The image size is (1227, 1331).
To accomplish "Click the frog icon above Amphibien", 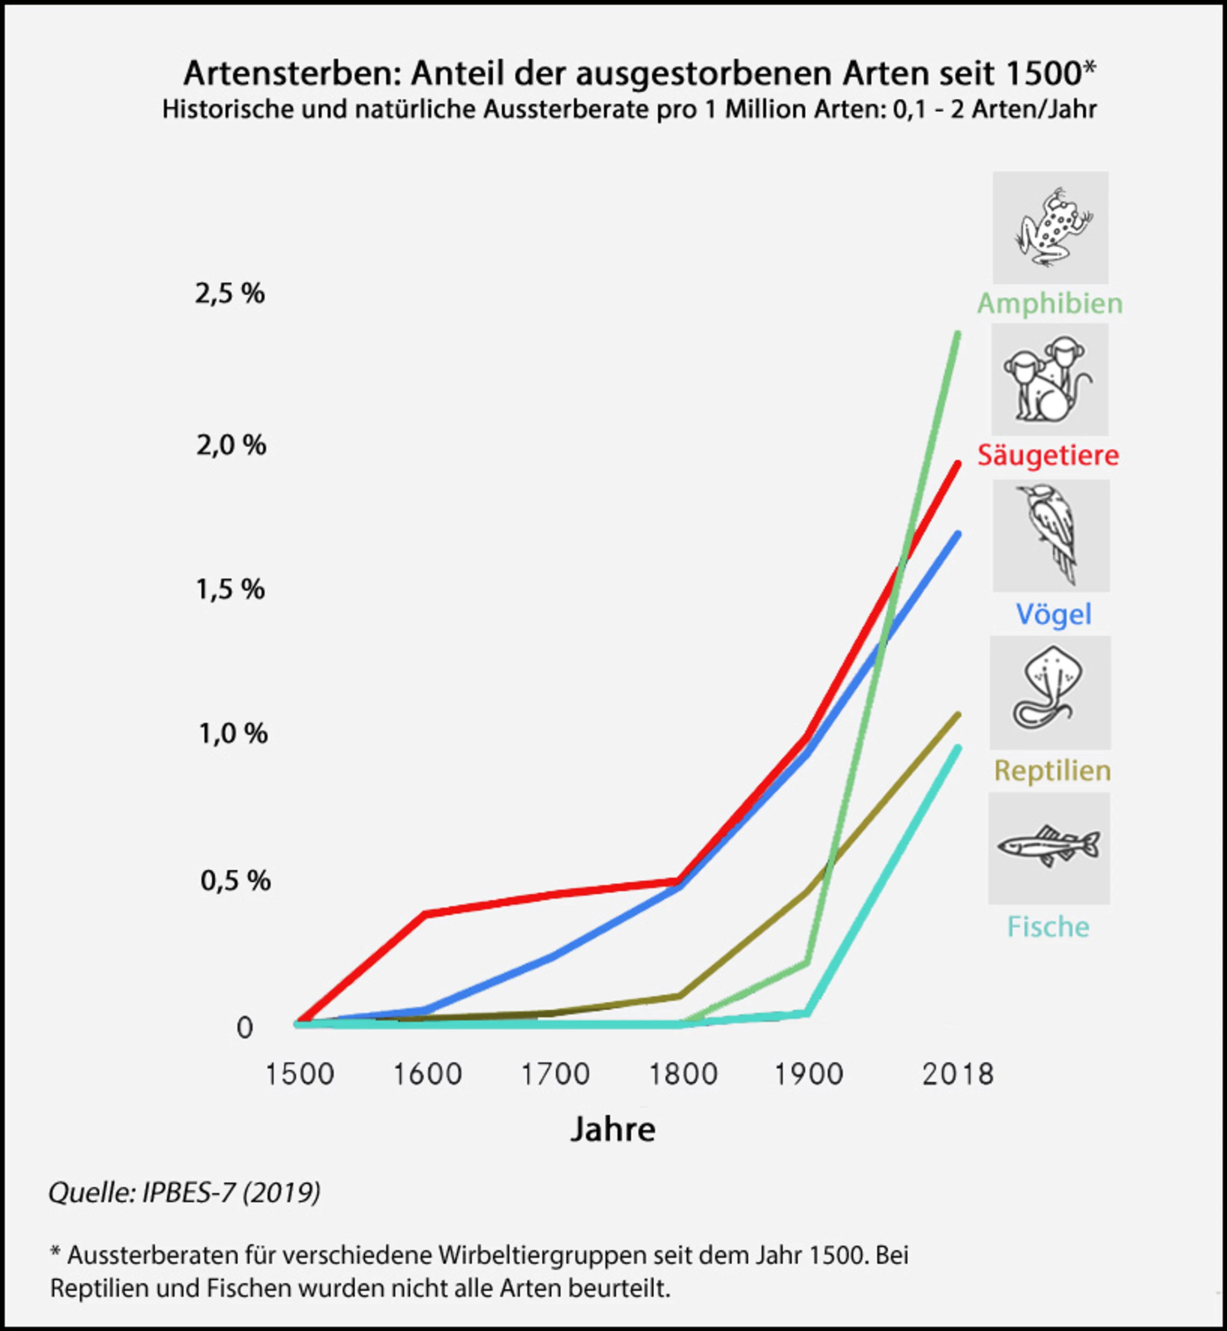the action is click(1053, 227).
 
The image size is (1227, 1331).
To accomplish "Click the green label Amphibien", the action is click(1050, 304).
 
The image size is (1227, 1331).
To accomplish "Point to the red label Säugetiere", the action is click(1048, 455).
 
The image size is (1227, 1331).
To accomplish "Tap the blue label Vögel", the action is click(1053, 614).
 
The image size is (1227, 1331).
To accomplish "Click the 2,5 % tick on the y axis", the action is click(230, 293).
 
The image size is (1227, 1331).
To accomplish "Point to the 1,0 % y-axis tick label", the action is click(233, 733).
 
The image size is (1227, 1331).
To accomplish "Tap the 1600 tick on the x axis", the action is click(428, 1074).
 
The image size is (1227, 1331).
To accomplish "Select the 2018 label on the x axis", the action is click(958, 1074).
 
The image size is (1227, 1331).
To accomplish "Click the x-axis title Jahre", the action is click(613, 1129).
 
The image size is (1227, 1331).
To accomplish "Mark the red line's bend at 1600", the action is click(426, 914).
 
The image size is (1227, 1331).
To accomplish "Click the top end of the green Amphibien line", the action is click(958, 333).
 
